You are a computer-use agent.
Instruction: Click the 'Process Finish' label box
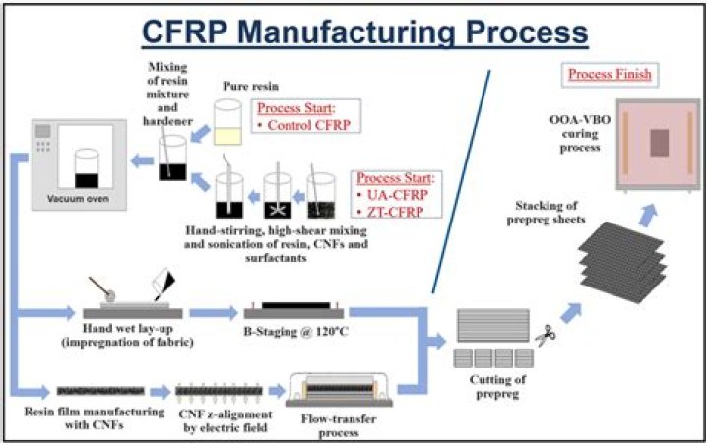pyautogui.click(x=609, y=74)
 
